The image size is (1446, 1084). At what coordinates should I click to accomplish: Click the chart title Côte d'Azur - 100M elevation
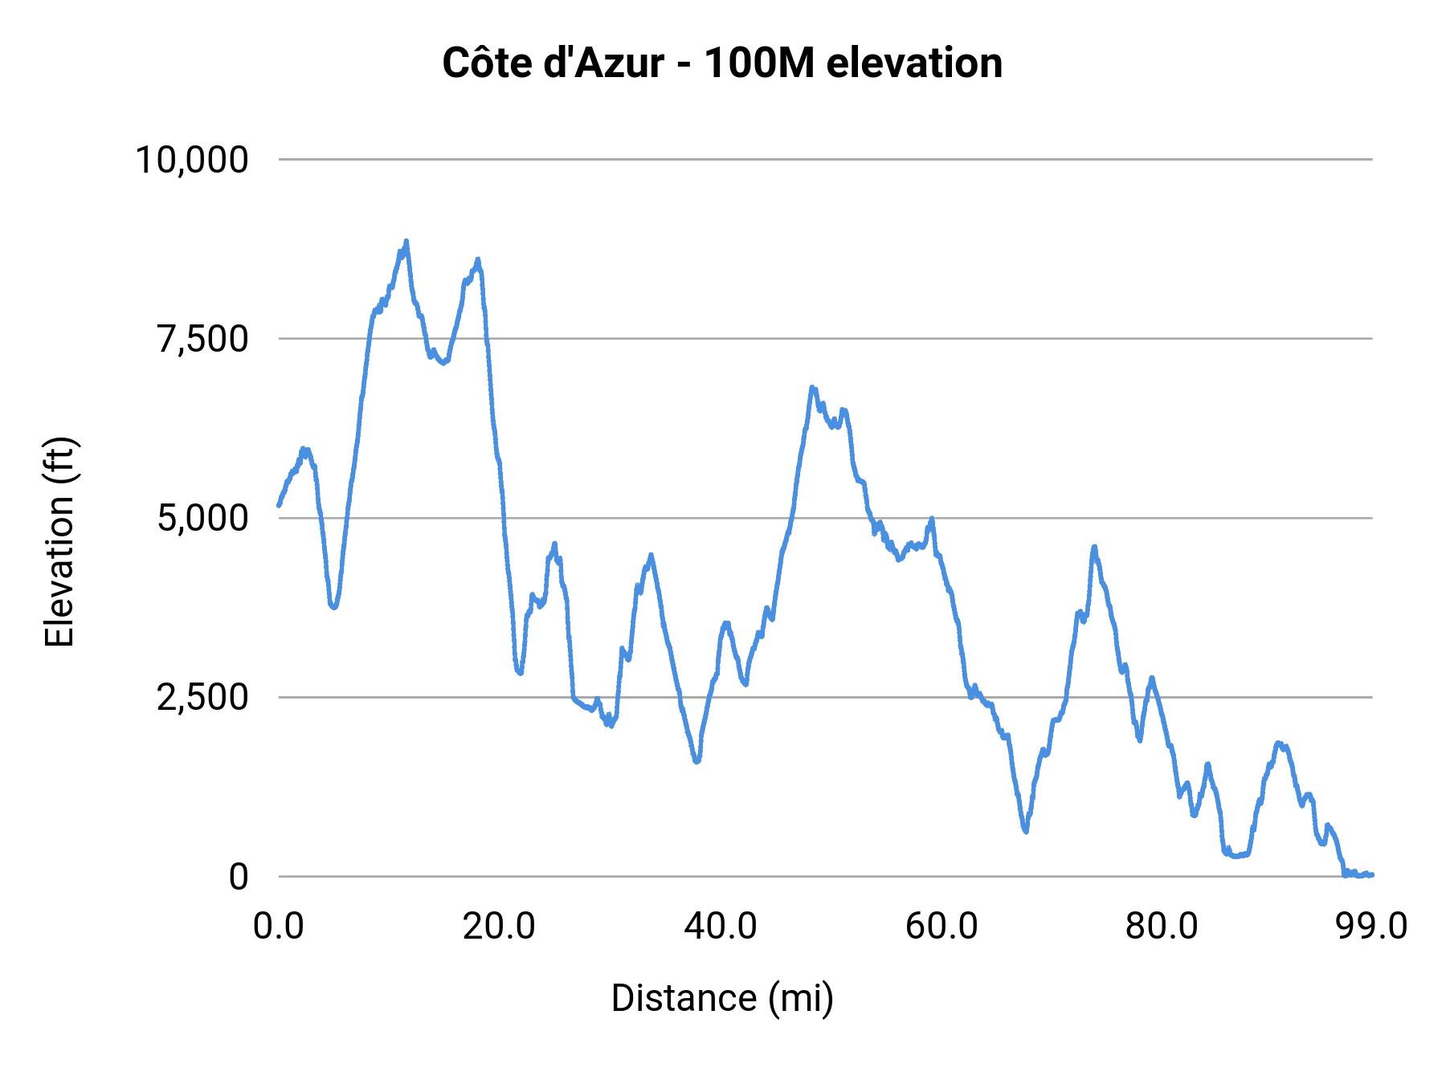(x=722, y=63)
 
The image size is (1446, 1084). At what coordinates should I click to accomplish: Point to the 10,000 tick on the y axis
(x=192, y=159)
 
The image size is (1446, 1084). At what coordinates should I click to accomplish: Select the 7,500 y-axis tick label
(x=203, y=339)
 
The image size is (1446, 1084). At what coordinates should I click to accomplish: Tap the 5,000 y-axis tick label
(x=203, y=518)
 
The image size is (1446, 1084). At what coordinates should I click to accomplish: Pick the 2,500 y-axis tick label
(x=203, y=697)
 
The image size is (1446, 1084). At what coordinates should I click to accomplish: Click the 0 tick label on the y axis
(x=239, y=876)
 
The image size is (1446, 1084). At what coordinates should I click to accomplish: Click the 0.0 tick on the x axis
(x=279, y=926)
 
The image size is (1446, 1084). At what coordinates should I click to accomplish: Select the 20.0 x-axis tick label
(x=499, y=926)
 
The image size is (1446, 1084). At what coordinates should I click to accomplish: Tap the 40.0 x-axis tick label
(x=721, y=926)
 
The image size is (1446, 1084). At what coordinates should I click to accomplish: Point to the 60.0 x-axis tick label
(x=942, y=926)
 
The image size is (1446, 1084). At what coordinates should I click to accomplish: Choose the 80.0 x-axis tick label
(x=1162, y=926)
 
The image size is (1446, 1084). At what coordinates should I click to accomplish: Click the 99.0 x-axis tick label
(x=1372, y=926)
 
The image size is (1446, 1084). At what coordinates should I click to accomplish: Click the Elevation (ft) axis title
(x=59, y=542)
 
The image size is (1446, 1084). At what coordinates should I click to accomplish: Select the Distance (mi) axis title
(x=722, y=998)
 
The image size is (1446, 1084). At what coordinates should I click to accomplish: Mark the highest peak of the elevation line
(x=406, y=241)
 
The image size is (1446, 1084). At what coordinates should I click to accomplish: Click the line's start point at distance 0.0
(x=279, y=505)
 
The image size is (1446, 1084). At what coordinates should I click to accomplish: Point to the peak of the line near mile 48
(x=812, y=387)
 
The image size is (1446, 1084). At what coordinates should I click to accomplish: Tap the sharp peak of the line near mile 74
(x=1093, y=546)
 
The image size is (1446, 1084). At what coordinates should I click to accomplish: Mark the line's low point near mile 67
(x=1026, y=831)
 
